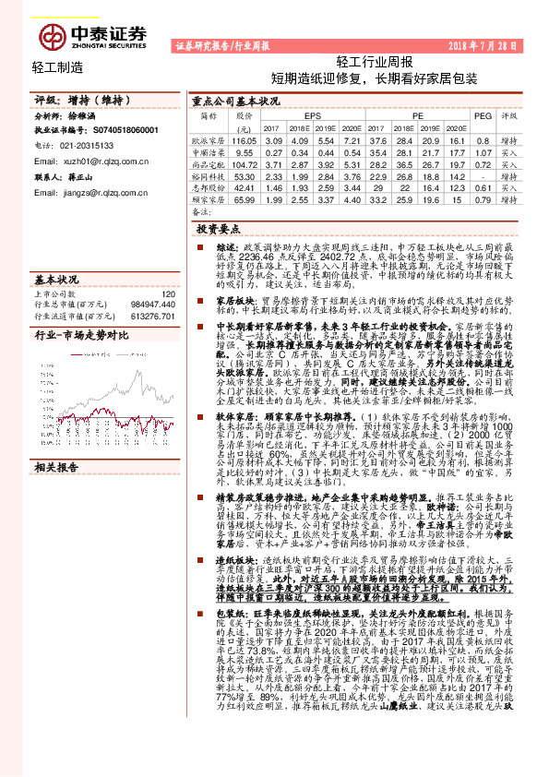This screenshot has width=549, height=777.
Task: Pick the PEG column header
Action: click(x=480, y=117)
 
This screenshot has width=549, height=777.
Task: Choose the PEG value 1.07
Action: click(x=480, y=150)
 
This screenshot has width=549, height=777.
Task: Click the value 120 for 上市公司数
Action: click(x=167, y=294)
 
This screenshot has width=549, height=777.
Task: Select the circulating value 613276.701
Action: click(x=148, y=316)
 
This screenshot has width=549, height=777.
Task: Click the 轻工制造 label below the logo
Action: click(x=57, y=66)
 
